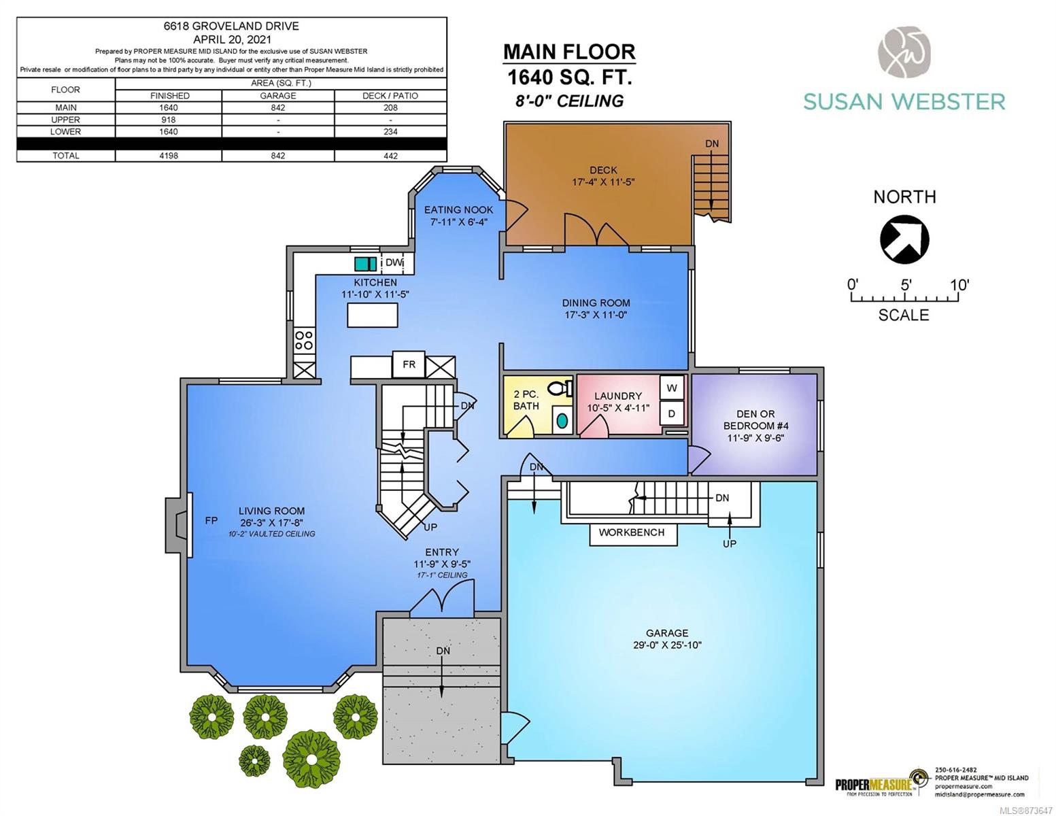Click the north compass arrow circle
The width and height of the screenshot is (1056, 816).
tap(904, 239)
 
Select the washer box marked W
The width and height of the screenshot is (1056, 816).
tap(672, 388)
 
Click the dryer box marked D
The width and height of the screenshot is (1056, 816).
tap(672, 413)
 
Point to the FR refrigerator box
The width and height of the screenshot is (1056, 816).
tap(408, 364)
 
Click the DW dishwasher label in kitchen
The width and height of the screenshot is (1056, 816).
tap(394, 263)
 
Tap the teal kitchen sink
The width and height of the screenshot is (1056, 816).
tap(365, 264)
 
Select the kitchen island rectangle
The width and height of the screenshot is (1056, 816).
tap(372, 315)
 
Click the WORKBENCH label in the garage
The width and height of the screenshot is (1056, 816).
tap(631, 532)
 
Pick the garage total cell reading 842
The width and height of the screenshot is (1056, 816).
tap(278, 156)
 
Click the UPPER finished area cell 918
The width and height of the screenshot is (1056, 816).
tap(168, 120)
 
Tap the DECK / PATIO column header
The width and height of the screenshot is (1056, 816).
tap(390, 96)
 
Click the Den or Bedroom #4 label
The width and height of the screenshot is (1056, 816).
tap(755, 426)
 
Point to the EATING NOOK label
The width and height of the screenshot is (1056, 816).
tap(458, 210)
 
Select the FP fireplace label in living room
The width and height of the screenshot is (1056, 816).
tap(211, 520)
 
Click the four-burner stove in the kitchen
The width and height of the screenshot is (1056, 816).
tap(304, 341)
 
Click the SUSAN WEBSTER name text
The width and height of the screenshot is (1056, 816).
tap(904, 102)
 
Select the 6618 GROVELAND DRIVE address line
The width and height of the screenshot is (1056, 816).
tap(231, 27)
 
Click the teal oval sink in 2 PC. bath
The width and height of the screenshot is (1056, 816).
tap(562, 421)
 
